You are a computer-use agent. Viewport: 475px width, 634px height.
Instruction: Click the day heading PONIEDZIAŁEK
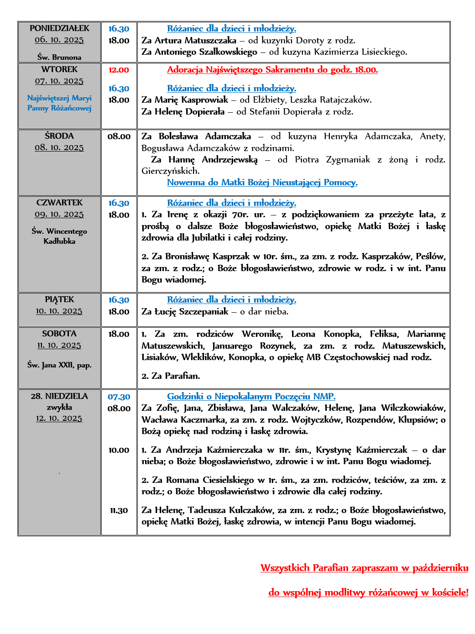[59, 28]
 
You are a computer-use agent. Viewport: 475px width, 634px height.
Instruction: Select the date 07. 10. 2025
[59, 81]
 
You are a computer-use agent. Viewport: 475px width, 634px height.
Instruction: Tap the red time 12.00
[119, 70]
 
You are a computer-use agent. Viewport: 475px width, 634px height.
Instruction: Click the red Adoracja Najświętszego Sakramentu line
[272, 70]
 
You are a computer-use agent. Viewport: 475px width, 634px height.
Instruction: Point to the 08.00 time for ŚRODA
[119, 136]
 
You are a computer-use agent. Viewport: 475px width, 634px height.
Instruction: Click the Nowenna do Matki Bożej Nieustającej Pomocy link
[262, 183]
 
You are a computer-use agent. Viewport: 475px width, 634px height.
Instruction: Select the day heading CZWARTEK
[59, 203]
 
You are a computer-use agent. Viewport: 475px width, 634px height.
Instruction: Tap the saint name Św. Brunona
[59, 58]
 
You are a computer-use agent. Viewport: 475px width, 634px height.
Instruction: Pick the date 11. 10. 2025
[59, 346]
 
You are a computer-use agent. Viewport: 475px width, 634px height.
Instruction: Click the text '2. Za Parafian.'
[171, 376]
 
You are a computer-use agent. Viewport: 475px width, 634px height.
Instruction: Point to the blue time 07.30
[119, 397]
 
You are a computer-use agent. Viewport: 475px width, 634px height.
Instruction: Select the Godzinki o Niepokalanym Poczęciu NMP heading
[251, 397]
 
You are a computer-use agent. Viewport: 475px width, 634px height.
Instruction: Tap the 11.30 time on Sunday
[119, 511]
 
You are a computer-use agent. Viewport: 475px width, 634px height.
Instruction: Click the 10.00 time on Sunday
[119, 450]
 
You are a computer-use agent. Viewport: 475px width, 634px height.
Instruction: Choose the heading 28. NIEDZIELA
[59, 396]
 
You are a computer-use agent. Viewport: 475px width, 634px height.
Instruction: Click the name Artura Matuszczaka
[195, 41]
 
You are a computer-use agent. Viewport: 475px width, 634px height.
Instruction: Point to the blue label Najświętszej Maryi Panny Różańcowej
[59, 103]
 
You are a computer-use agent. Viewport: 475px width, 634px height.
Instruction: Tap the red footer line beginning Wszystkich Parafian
[364, 568]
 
